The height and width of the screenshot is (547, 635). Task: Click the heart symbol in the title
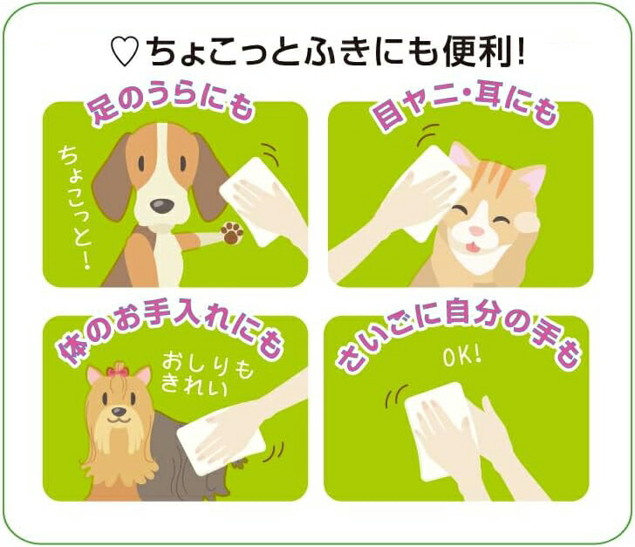[125, 52]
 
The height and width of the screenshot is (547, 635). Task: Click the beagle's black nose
[162, 206]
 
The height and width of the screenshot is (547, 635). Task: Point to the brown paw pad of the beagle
[232, 233]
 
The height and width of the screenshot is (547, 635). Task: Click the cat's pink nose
[476, 231]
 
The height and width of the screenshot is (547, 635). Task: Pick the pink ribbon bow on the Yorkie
[118, 371]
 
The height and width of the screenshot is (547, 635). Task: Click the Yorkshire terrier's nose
[119, 412]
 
